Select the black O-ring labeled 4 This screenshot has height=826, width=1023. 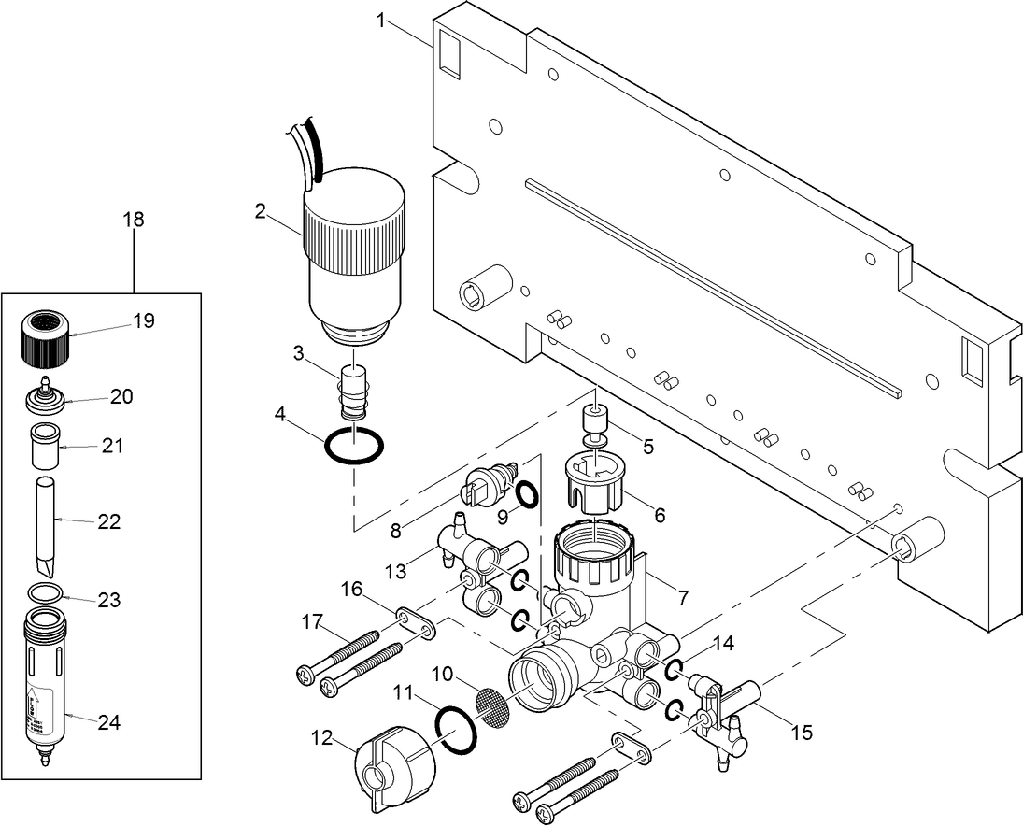[354, 446]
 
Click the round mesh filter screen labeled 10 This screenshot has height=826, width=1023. [494, 701]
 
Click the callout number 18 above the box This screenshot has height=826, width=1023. [134, 220]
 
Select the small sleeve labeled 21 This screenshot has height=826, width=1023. [43, 448]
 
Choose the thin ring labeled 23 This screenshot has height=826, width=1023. [43, 592]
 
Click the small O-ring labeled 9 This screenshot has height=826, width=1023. [527, 492]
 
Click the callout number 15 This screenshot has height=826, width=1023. [800, 733]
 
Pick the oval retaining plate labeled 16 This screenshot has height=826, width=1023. [416, 622]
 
